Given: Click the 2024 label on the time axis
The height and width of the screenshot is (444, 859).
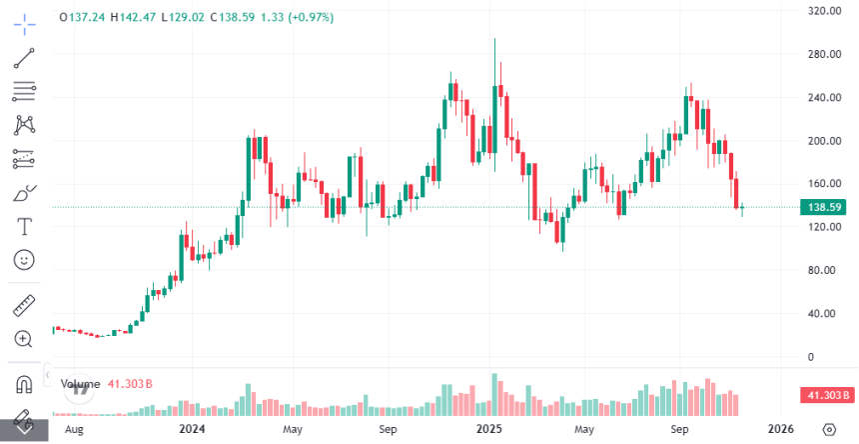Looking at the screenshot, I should tap(193, 429).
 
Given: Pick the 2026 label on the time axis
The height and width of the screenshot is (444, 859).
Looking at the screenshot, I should tap(781, 429).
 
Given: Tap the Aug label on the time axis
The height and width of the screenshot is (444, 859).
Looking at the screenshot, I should tap(73, 429).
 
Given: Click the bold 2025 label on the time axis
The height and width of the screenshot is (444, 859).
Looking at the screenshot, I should tap(488, 429).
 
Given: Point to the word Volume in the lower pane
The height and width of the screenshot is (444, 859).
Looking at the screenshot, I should tap(81, 383).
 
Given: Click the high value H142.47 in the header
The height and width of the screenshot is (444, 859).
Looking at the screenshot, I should tap(129, 18).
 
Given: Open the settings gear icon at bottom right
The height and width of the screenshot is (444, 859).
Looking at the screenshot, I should tap(828, 429).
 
